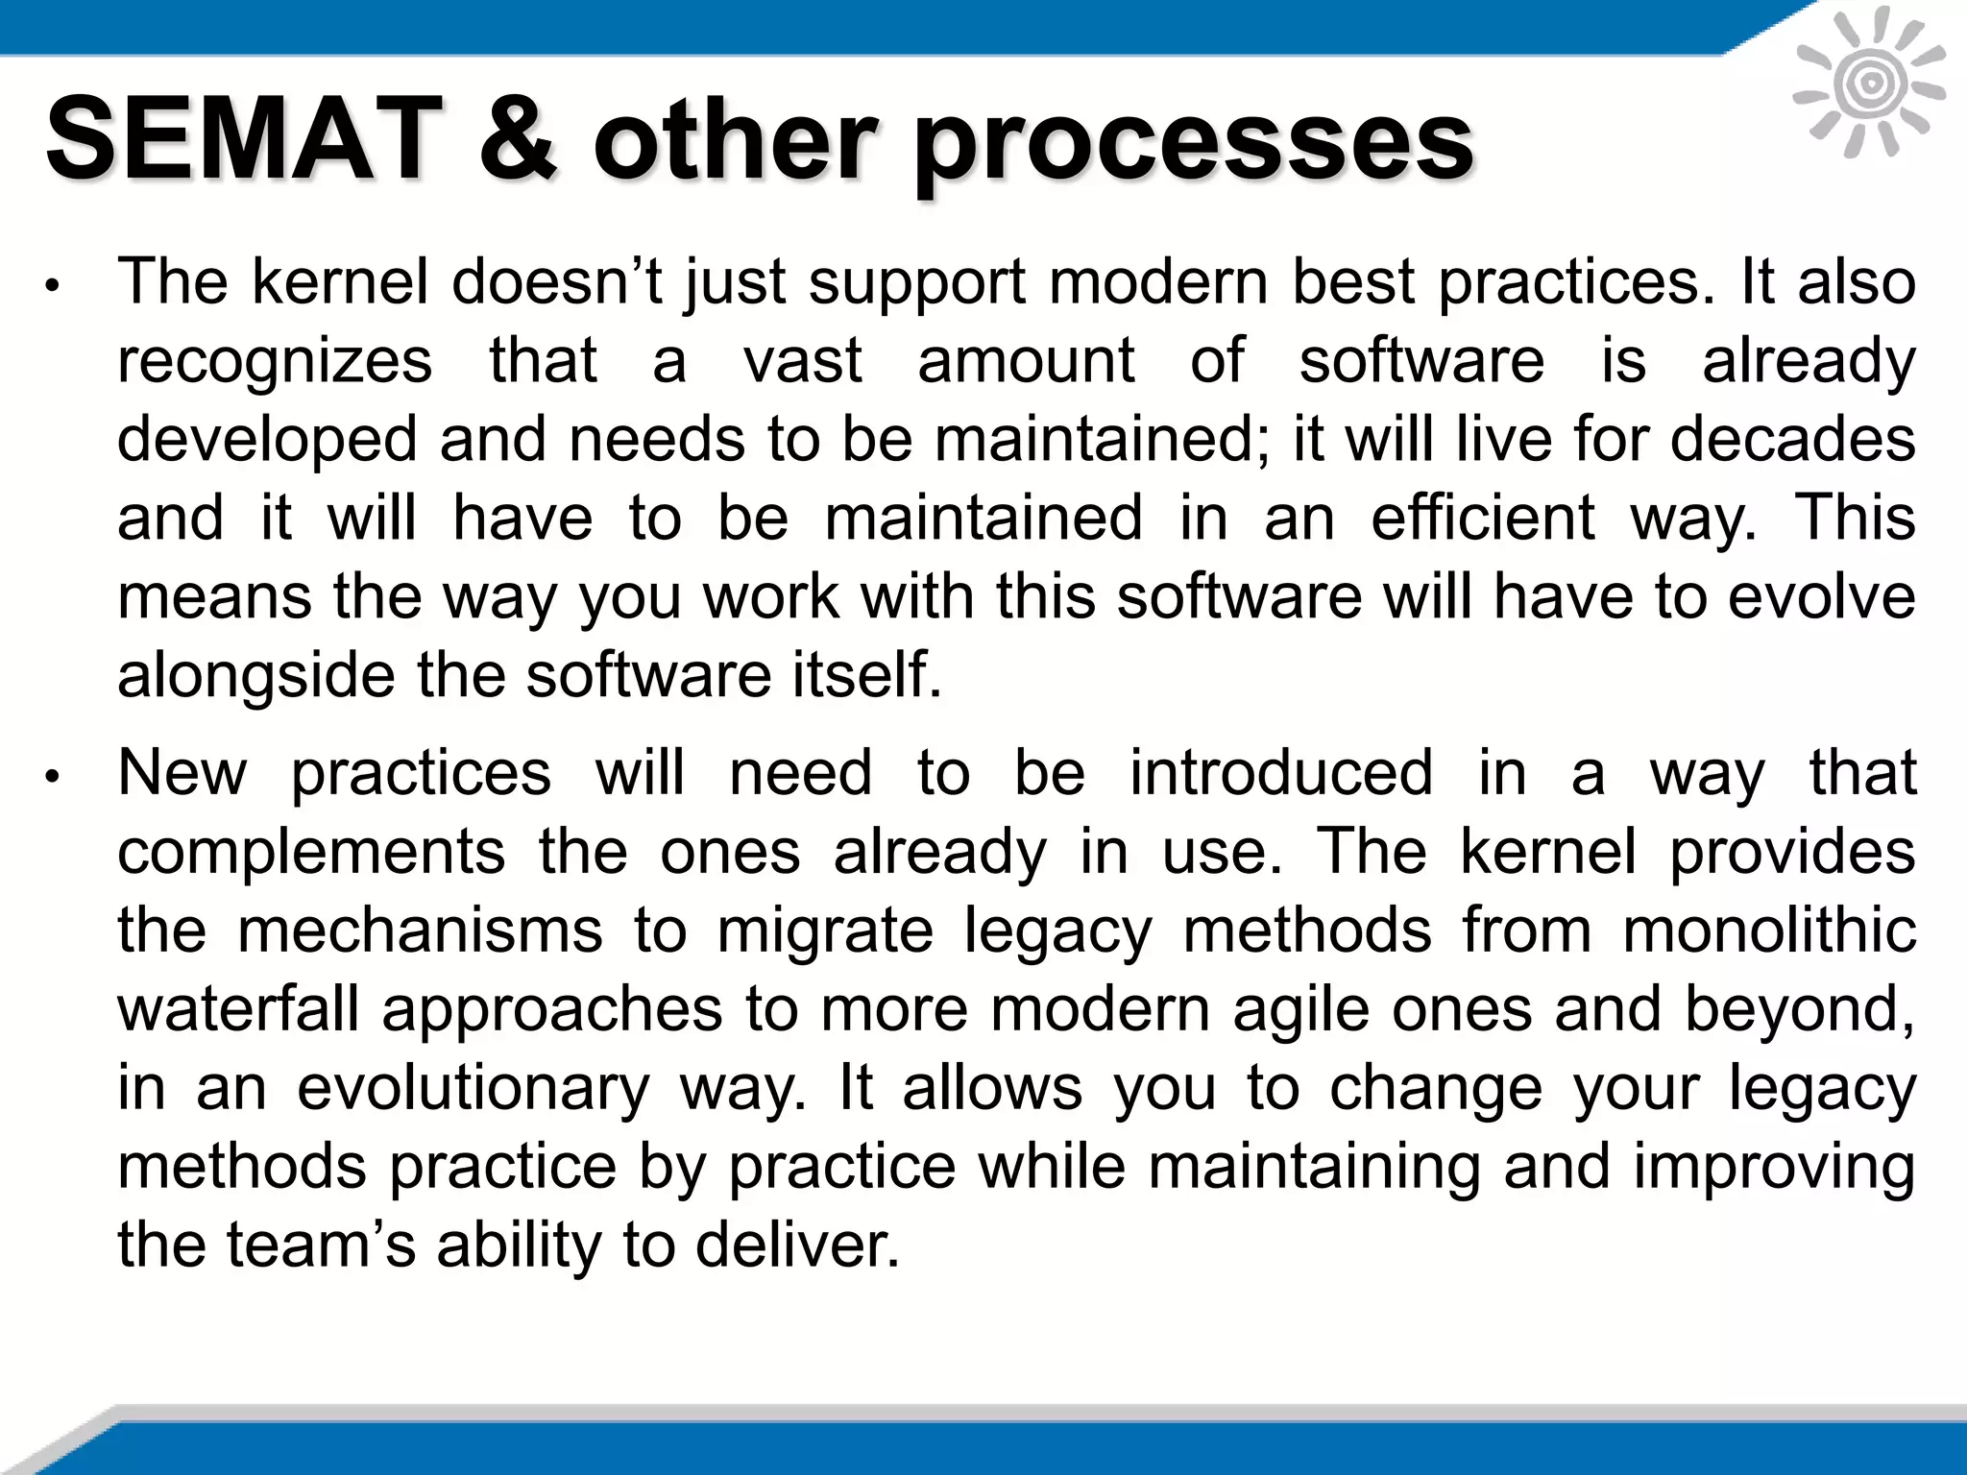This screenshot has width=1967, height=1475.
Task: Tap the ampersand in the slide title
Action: click(x=518, y=140)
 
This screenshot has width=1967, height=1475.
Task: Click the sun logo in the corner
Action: click(x=1868, y=85)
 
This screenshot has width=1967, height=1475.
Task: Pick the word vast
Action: click(x=803, y=361)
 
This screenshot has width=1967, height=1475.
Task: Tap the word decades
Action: click(x=1793, y=440)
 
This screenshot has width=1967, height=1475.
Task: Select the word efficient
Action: click(x=1482, y=519)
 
